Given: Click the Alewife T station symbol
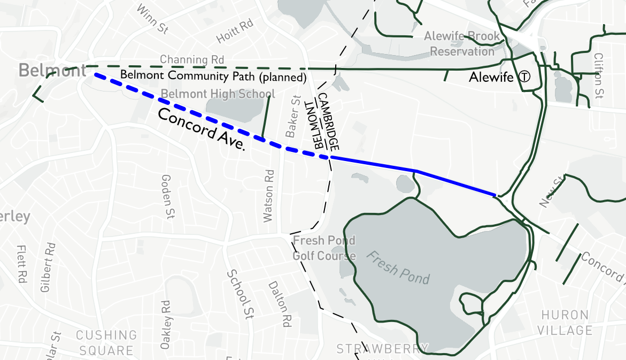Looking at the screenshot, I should point(525,77).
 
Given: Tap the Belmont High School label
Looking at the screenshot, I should point(218,94).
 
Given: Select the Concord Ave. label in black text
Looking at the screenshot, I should point(201,130).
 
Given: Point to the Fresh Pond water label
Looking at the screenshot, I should point(398,267).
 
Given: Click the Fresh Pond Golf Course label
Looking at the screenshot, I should point(324,248).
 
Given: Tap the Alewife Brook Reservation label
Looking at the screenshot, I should point(462,44).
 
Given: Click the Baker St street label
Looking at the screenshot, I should point(292,117).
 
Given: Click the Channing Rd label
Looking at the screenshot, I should point(192,59).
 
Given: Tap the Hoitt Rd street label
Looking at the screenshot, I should point(234,32).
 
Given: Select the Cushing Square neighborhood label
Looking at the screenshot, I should point(106,343).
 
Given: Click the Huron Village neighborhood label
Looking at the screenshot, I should point(565,323).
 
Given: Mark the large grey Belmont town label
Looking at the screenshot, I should point(52,70).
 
